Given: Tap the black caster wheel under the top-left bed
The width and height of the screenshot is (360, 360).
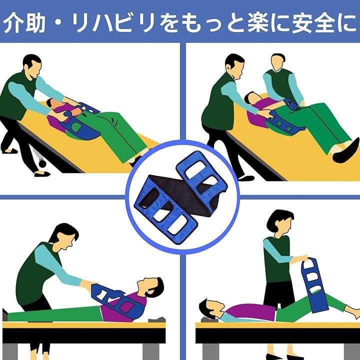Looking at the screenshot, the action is [x=42, y=163].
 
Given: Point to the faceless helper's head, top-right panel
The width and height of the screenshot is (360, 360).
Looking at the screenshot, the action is [x=277, y=62].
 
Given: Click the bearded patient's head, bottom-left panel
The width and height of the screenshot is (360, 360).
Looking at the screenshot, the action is [x=151, y=287].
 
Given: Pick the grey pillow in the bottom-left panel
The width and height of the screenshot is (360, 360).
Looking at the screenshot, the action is [x=156, y=319].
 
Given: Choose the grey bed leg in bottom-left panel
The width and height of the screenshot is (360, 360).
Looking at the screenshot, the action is [x=151, y=351].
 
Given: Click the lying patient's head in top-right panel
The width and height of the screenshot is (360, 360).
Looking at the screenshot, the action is [x=251, y=98].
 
